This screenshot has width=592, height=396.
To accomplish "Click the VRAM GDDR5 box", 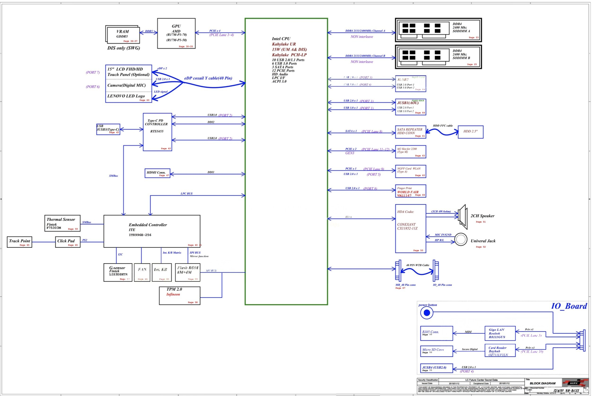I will pos(123,35).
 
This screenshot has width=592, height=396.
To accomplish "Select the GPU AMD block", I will pos(176,33).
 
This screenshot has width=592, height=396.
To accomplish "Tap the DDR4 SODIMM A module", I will pos(438,30).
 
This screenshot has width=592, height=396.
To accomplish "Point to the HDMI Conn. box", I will pos(157,173).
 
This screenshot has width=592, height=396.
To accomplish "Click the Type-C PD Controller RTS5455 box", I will pos(157,132).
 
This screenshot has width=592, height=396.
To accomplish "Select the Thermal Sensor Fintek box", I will pos(62,223).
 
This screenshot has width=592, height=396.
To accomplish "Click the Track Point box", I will pos(19,242).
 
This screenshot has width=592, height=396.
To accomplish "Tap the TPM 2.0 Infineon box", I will pos(179,295).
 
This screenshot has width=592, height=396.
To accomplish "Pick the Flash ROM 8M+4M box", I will pos(187,272).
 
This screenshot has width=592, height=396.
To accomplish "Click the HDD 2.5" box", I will pos(470,132).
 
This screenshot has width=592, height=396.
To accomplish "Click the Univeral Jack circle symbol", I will pos(460,239).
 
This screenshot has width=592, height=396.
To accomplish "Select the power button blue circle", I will pos(427,313).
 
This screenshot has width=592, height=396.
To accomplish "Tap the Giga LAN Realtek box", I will pos(500,333).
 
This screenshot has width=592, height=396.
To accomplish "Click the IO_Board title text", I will pos(569,306).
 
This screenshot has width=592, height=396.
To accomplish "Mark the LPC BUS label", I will pos(186,194).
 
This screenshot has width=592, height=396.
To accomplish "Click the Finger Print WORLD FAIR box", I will pos(411,191).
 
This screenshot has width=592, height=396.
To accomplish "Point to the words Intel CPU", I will pos(281,39).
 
